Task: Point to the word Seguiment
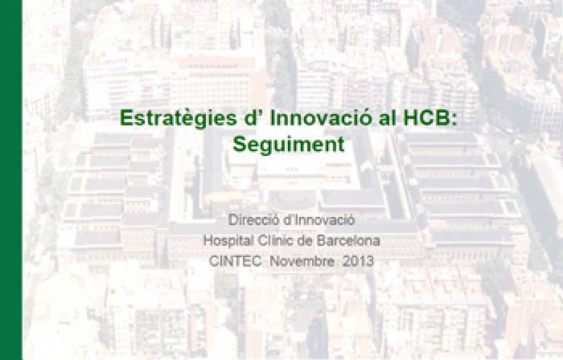point(289,145)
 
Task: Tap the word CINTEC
point(235,261)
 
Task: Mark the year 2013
point(358,261)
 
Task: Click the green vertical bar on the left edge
point(11,180)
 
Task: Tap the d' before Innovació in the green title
point(254,117)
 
